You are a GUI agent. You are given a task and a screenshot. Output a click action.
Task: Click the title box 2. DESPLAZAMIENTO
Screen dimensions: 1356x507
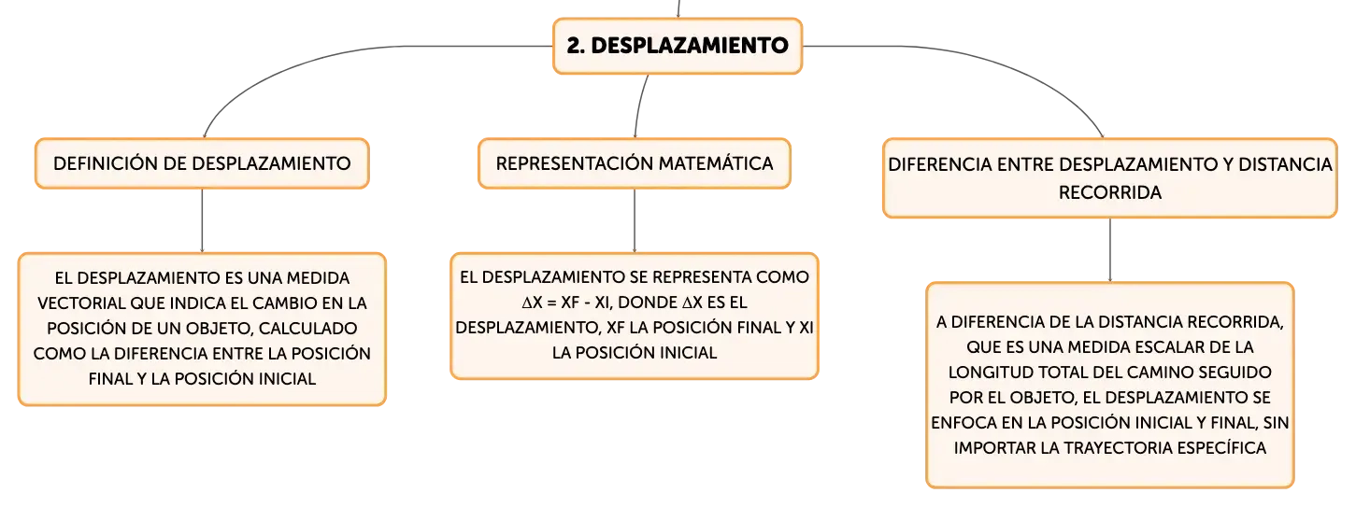point(678,46)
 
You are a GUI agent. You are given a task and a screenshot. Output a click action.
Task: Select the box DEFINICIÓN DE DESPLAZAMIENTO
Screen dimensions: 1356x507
point(202,163)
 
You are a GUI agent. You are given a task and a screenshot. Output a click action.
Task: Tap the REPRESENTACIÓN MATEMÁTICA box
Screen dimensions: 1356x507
point(635,163)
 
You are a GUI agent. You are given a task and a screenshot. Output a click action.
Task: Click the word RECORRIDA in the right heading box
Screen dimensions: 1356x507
point(1109,192)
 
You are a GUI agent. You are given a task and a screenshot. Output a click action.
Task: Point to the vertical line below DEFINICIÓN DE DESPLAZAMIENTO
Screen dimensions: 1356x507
point(202,221)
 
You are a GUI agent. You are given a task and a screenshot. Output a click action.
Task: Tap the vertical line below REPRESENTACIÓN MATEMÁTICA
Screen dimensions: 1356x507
point(635,221)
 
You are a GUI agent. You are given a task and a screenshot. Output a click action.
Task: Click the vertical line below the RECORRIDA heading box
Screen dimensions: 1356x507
point(1110,250)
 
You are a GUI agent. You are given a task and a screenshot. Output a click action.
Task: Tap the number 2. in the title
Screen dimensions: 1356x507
point(575,46)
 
